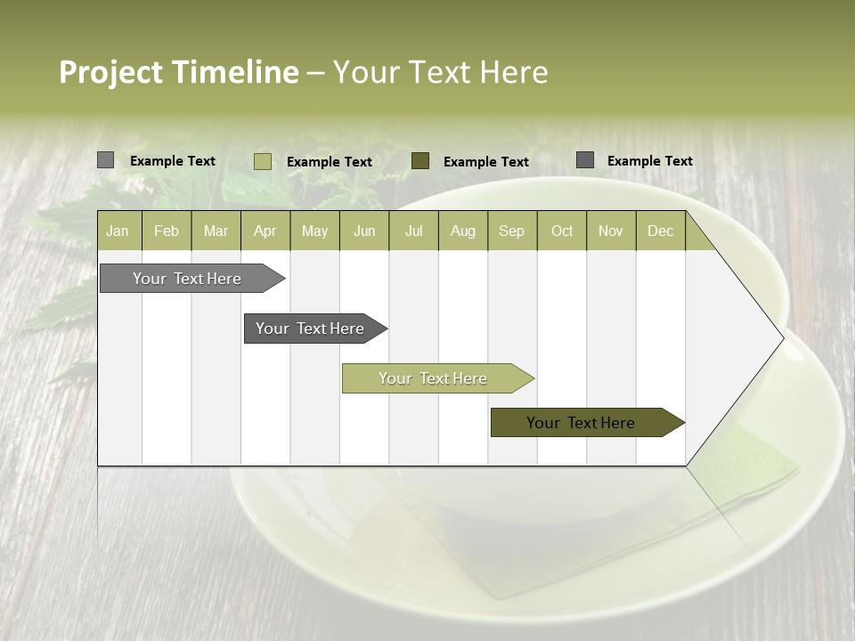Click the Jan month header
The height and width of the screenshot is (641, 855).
pos(118,231)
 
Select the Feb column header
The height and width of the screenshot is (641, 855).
pos(167,231)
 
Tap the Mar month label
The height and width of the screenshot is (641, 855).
pos(216,231)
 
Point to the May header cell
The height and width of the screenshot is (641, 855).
pos(314,231)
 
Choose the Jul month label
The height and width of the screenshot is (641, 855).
pos(413,231)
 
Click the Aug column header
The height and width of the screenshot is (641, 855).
pos(462,231)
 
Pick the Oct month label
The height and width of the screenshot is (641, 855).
pos(562,231)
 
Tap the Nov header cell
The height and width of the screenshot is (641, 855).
pos(611,231)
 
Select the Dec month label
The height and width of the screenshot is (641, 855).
pos(660,231)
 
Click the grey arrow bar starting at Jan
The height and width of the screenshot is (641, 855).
pos(187,279)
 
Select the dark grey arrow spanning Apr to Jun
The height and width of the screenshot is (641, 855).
pos(310,329)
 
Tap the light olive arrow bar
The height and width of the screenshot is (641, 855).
pos(433,378)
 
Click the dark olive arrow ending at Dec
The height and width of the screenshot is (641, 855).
pos(581,423)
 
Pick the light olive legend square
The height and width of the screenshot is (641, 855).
pos(263,161)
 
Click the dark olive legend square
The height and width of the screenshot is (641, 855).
pos(420,160)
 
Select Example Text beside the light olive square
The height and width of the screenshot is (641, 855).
pos(330,161)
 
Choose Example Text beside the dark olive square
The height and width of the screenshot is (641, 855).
pos(486,161)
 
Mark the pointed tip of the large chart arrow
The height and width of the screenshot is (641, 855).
pos(782,337)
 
